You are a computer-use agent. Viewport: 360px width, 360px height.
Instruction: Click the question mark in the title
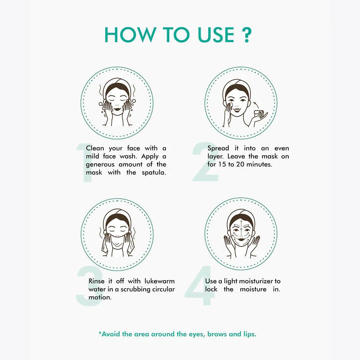(x=247, y=35)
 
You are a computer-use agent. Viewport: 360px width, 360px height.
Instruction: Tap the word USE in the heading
(x=216, y=35)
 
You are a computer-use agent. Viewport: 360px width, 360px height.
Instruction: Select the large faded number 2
(x=205, y=162)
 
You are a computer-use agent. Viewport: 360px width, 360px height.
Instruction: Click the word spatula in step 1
(x=154, y=173)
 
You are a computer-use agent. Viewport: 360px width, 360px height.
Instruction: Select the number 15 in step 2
(x=222, y=164)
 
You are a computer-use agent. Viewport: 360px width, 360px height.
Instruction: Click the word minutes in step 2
(x=259, y=164)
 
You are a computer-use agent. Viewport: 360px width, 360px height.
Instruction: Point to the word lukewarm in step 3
(x=160, y=281)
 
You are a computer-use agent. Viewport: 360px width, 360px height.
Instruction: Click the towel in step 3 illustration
(x=117, y=243)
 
